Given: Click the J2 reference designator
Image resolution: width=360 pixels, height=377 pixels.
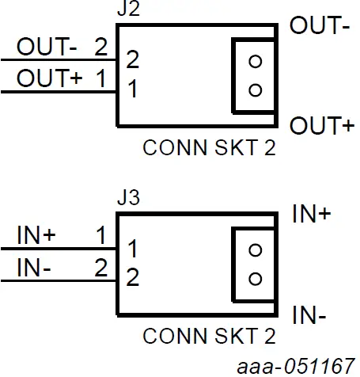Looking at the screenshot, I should pos(126,11).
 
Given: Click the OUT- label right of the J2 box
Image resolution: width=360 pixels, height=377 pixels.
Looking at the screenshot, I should pos(320,26).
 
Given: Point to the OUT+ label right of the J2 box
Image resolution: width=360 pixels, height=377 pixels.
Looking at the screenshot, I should pos(320,126).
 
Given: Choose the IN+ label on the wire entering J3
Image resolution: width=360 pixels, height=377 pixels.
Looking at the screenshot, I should pos(36,234).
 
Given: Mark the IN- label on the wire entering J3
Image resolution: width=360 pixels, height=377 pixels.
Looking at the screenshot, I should pos(34,268).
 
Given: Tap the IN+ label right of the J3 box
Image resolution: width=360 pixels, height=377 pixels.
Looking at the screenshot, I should pos(311,214).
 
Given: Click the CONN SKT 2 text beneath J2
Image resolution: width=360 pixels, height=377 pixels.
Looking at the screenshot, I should pos(209,149).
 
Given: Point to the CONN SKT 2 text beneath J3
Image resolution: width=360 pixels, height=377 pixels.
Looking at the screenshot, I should pos(209,337).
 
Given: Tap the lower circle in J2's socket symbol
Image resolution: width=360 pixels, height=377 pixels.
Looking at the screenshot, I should pos(254,89).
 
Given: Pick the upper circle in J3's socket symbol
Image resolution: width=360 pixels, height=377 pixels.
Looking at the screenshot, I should pos(254,249).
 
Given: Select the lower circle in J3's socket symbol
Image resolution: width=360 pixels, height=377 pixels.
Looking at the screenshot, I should pos(254,278).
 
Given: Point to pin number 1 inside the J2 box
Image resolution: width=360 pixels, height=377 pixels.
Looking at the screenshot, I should pos(133,90).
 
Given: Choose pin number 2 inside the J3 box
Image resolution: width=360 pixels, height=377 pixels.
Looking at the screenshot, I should pos(133,278).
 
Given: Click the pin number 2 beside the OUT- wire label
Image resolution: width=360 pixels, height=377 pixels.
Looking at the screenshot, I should pos(100,46).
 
